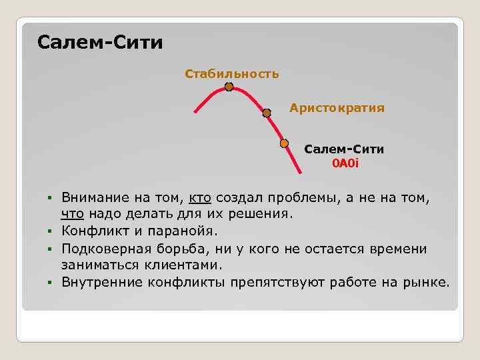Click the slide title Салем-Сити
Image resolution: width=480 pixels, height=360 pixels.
(100, 43)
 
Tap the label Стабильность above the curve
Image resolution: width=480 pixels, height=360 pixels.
(232, 73)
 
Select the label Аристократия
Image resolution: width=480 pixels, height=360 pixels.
(337, 107)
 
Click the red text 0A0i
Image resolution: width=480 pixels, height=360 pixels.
(345, 163)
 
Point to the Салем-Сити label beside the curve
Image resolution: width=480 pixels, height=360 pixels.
(344, 149)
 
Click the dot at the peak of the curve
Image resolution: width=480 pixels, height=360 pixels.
(229, 87)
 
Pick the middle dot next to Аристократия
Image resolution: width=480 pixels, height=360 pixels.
(267, 113)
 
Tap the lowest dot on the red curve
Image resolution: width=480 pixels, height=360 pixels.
(284, 143)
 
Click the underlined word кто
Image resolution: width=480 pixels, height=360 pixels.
(200, 198)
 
